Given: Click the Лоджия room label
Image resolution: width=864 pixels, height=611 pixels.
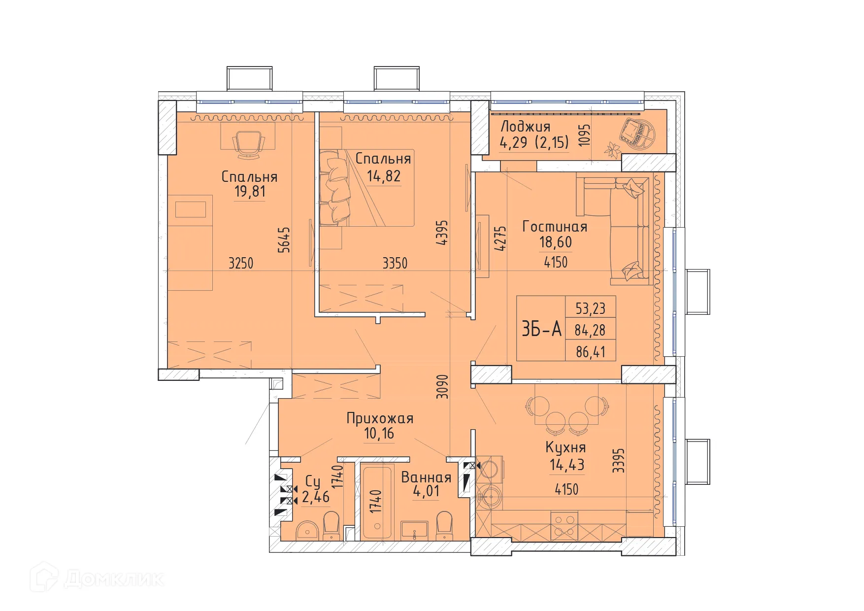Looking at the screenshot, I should click(525, 126).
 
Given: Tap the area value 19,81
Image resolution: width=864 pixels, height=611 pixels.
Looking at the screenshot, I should click(250, 191).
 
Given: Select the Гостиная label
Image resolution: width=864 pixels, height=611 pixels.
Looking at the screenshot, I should click(555, 227).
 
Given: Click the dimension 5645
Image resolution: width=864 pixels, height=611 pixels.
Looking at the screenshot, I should click(284, 239).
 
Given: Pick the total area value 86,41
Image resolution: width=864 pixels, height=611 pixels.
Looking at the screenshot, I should click(590, 352).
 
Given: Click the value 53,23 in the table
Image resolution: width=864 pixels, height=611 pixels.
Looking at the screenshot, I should click(590, 308).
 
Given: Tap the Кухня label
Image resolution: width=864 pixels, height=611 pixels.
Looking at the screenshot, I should click(565, 447).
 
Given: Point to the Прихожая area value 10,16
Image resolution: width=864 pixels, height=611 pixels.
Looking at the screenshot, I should click(379, 434).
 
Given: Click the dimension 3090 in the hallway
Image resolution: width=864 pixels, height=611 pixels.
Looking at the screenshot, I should click(443, 386).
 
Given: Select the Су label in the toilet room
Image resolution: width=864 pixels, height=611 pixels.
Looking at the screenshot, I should click(313, 481).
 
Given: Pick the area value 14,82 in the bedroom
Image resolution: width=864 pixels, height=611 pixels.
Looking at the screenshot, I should click(383, 176).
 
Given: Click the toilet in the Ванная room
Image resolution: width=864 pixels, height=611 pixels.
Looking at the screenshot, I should click(444, 526).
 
